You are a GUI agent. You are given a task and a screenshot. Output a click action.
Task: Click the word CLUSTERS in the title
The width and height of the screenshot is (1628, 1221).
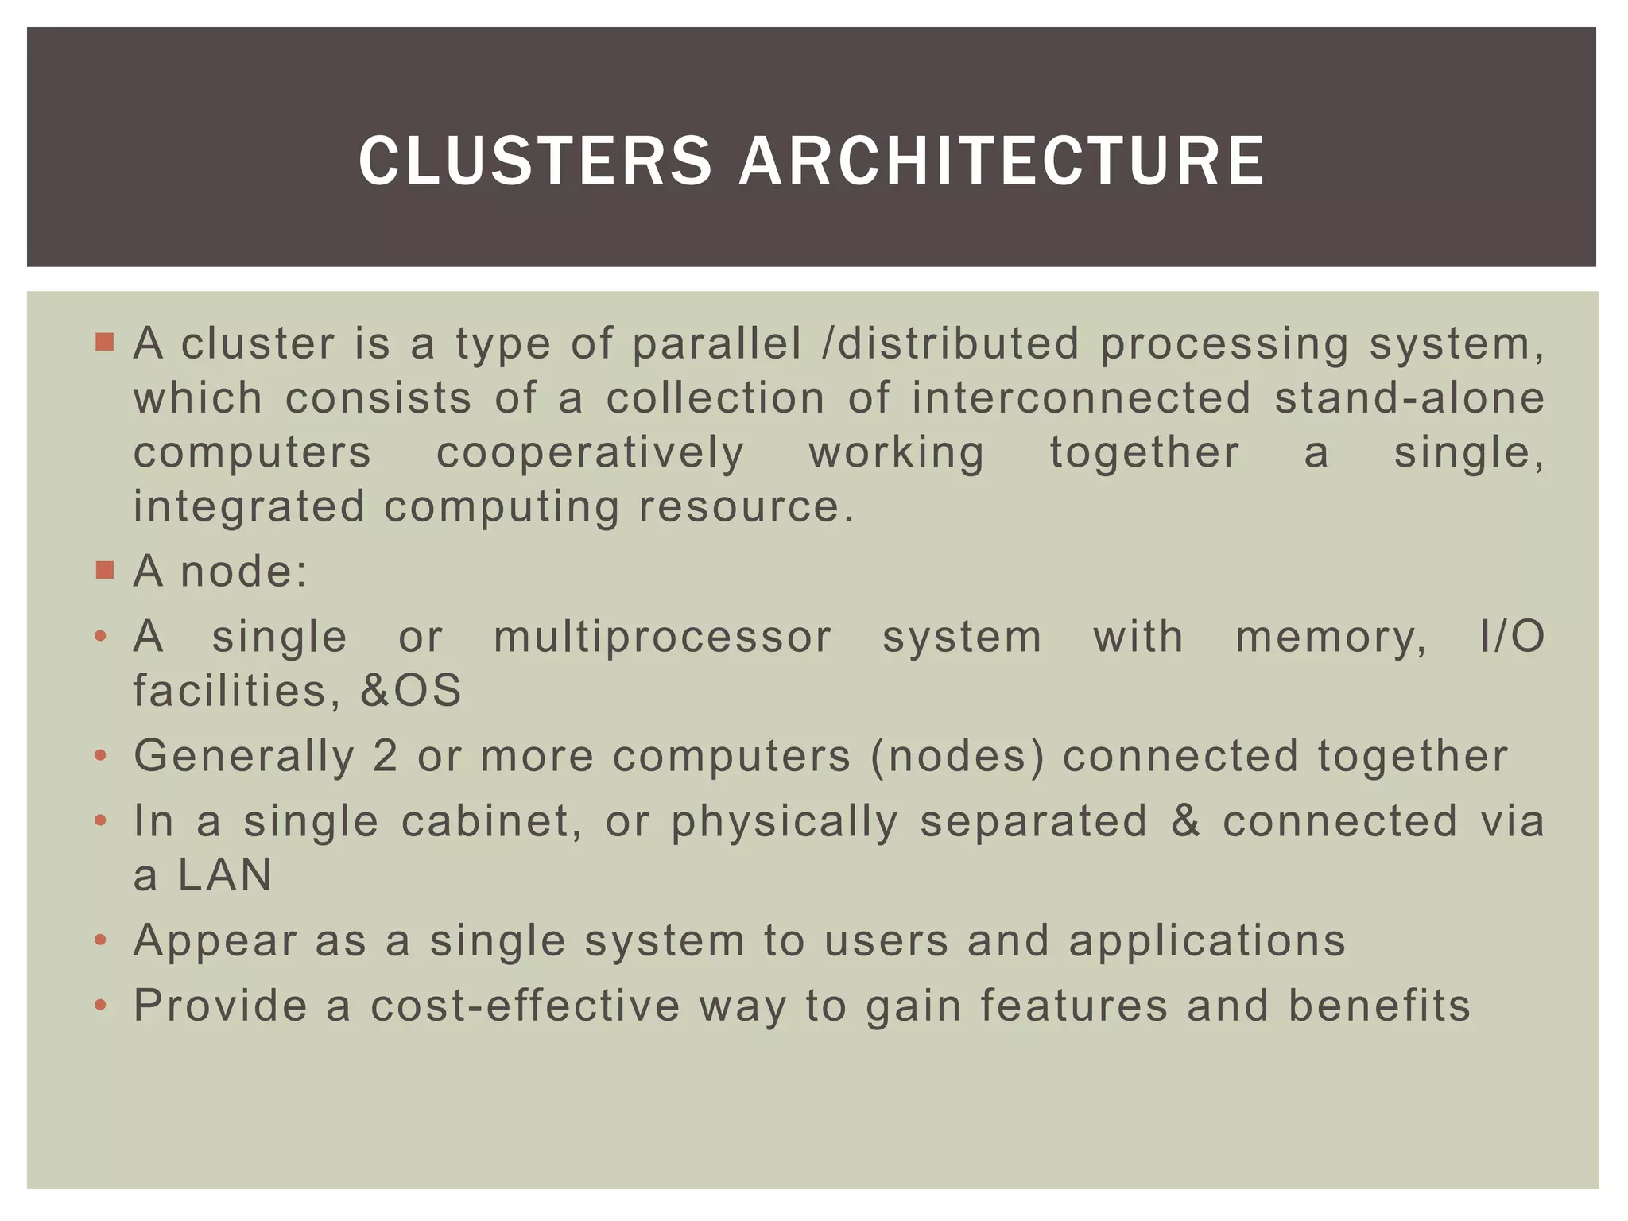[x=535, y=161]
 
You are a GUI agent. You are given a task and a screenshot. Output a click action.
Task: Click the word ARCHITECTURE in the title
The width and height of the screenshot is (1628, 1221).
[x=1002, y=161]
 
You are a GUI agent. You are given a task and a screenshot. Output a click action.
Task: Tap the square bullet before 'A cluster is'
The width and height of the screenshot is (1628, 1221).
[x=104, y=343]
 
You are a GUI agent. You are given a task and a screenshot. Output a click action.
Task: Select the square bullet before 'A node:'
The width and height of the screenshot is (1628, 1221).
[x=104, y=570]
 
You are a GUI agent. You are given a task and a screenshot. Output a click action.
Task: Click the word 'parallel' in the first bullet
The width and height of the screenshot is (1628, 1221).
[x=716, y=344]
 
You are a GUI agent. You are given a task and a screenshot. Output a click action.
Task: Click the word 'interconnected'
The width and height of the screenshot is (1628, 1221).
[x=1081, y=397]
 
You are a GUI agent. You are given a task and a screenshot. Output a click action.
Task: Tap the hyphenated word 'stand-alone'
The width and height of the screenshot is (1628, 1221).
[x=1409, y=397]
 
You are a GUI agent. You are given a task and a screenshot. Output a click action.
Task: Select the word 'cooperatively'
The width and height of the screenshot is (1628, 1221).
[x=590, y=453]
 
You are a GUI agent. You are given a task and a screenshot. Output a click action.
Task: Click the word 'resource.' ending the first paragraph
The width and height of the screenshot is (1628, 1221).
[x=746, y=507]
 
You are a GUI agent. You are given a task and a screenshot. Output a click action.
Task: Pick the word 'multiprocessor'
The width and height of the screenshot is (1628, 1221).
[x=662, y=638]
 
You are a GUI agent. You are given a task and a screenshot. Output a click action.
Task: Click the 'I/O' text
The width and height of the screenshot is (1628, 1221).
[x=1512, y=638]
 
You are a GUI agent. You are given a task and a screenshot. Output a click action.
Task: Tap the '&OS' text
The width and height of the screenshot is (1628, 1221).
[x=410, y=690]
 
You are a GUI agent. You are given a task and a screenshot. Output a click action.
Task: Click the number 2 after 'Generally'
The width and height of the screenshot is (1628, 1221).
[x=385, y=756]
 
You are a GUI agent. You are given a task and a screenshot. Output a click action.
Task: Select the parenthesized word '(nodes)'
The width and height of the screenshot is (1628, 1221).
[x=957, y=756]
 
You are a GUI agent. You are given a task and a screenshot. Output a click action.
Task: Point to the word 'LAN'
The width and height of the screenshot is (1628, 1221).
[x=225, y=875]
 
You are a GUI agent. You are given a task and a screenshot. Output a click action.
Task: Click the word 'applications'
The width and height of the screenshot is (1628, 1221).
[x=1207, y=941]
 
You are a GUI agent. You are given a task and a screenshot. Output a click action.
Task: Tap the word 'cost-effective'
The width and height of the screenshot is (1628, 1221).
[x=525, y=1006]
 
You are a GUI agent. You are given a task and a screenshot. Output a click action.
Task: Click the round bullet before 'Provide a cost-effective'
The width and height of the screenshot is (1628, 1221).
[x=100, y=1006]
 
